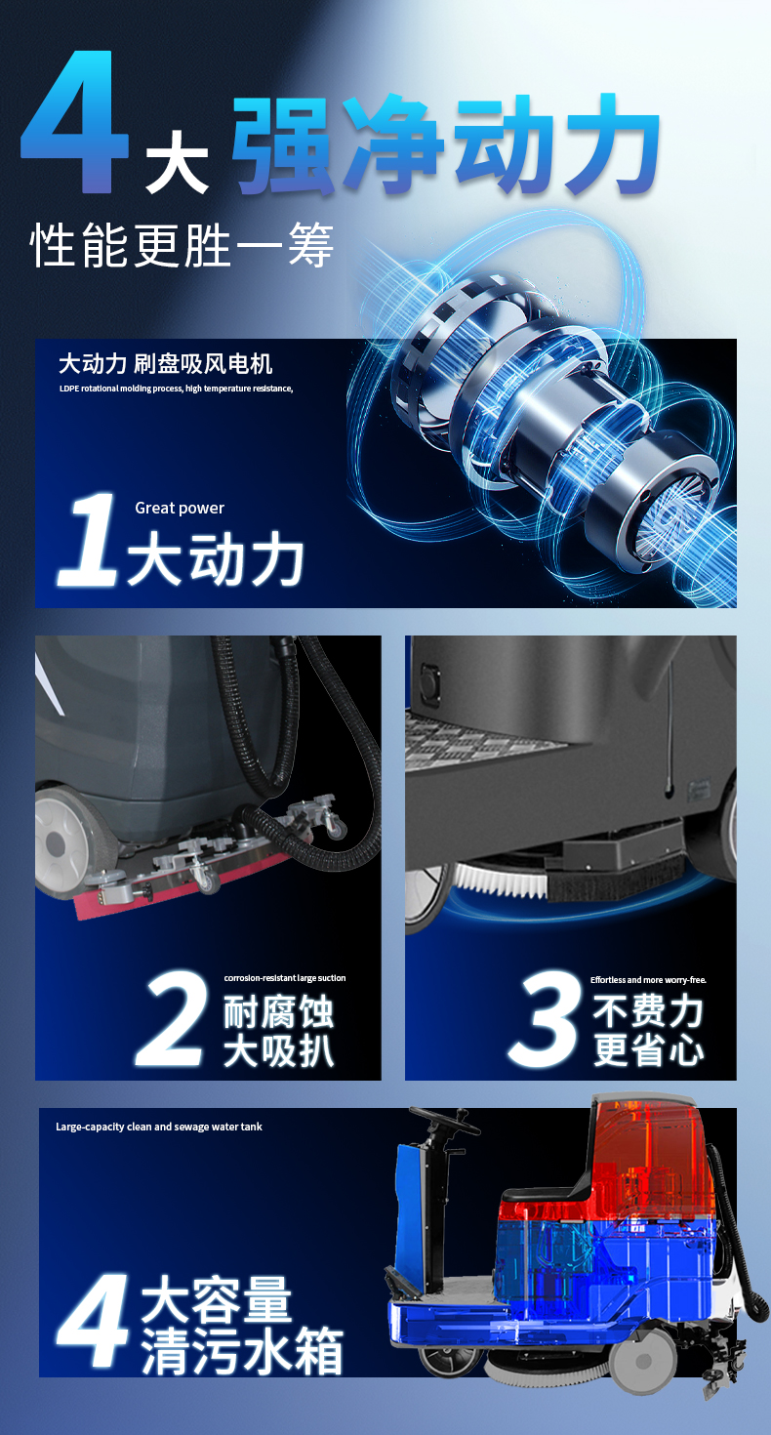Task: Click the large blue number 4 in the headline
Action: tap(75, 122)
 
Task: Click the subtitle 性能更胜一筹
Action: tap(182, 245)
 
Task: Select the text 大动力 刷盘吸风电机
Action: tap(165, 364)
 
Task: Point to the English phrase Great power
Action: tap(180, 508)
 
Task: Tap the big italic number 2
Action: tap(172, 1018)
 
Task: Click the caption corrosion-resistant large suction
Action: tap(285, 978)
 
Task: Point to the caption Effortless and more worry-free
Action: tap(648, 980)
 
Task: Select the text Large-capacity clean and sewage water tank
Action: tap(159, 1127)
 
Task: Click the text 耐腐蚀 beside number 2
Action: tap(278, 1011)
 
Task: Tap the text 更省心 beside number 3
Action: tap(648, 1050)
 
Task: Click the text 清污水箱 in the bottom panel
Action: tap(242, 1350)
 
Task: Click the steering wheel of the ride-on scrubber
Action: tap(444, 1120)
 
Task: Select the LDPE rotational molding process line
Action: tap(176, 389)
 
